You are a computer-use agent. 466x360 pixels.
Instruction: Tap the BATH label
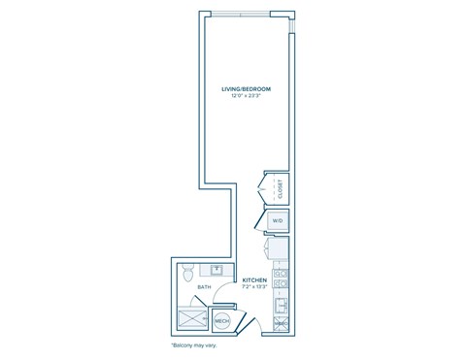pyautogui.click(x=205, y=287)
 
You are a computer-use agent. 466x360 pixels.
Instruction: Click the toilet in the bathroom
pyautogui.click(x=189, y=271)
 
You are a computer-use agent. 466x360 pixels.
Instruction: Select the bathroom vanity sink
pyautogui.click(x=217, y=270)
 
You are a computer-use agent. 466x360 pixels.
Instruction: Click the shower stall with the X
pyautogui.click(x=191, y=316)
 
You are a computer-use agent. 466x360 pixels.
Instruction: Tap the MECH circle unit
pyautogui.click(x=221, y=318)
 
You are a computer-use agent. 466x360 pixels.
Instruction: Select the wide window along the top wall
pyautogui.click(x=242, y=15)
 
